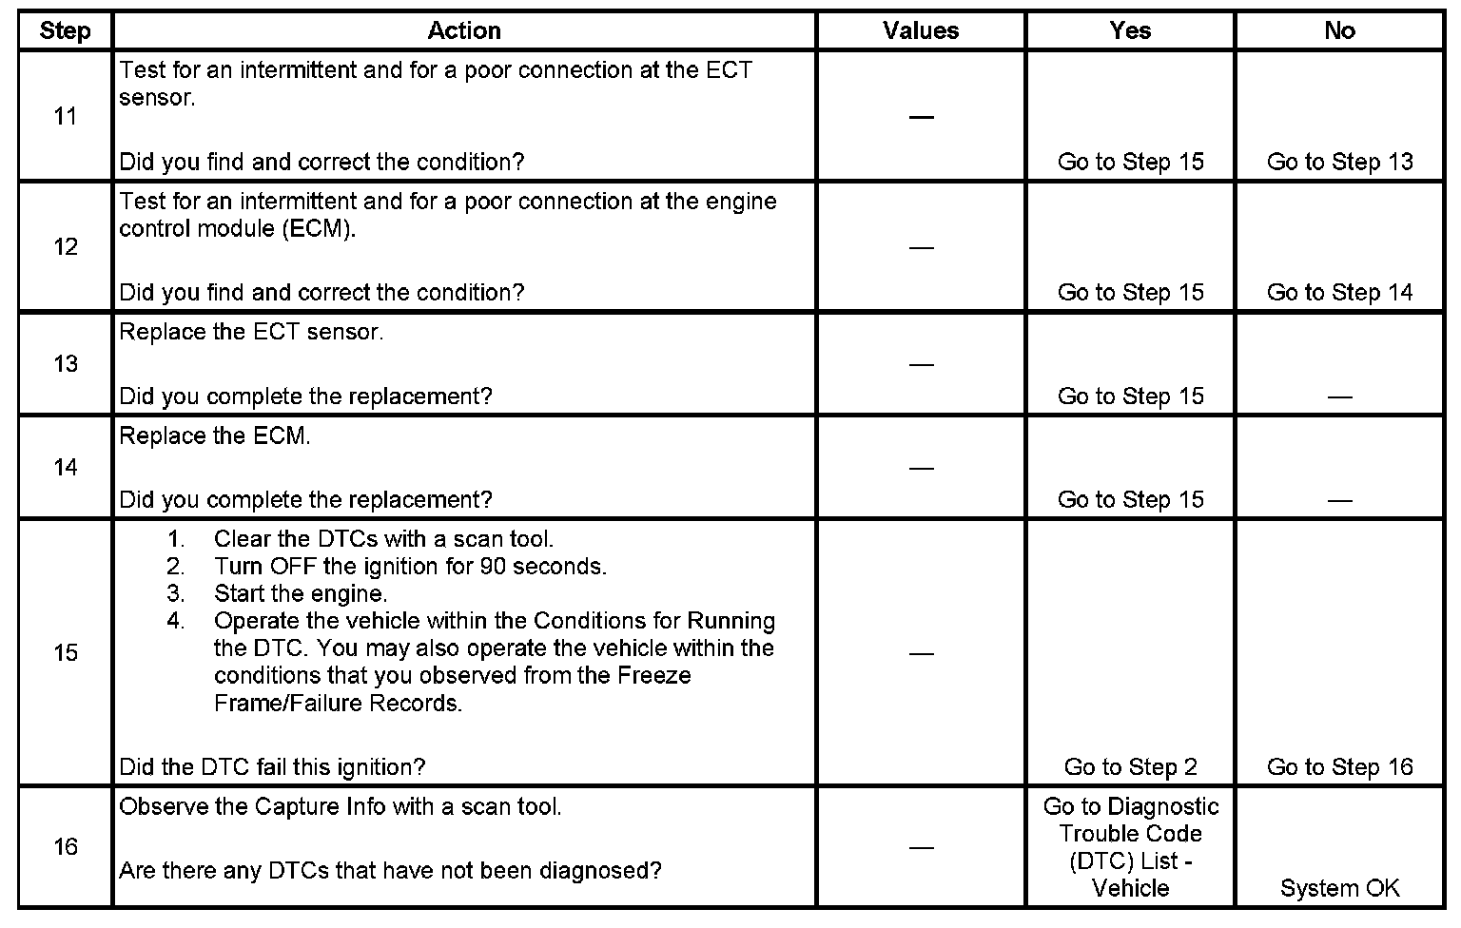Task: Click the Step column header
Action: [65, 30]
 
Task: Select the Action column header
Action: [464, 30]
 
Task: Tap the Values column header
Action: [921, 30]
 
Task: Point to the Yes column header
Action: [1130, 30]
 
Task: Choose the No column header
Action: [1339, 30]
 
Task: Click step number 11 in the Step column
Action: [65, 116]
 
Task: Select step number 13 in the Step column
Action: [65, 364]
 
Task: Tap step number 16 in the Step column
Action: [65, 846]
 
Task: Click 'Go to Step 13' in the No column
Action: [1339, 162]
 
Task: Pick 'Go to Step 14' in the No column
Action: [1339, 292]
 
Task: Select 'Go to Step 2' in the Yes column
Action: [1130, 766]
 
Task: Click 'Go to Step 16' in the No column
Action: [1339, 766]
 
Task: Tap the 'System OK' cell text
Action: [1339, 888]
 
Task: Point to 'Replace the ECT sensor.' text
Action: [251, 333]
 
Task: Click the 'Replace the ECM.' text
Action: [215, 436]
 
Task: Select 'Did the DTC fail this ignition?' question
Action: [272, 766]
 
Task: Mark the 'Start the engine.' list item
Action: [301, 594]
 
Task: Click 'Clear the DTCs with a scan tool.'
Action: [383, 539]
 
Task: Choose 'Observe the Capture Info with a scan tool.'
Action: [341, 807]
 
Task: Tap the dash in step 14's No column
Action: [1339, 500]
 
